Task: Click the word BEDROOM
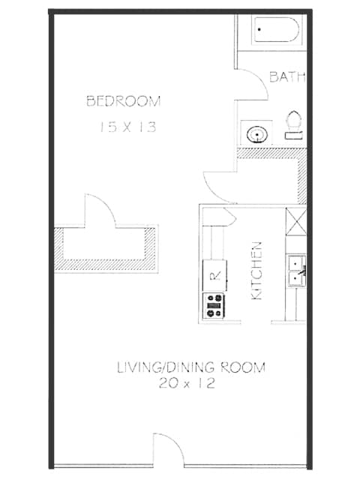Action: click(x=124, y=100)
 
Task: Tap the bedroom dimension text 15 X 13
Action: click(x=127, y=127)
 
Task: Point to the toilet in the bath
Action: click(x=294, y=125)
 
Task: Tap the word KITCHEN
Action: click(x=256, y=271)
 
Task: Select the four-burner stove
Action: click(x=214, y=306)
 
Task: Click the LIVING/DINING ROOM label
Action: click(x=190, y=367)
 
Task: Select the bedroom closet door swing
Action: click(x=99, y=211)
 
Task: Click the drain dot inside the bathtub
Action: click(x=260, y=28)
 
